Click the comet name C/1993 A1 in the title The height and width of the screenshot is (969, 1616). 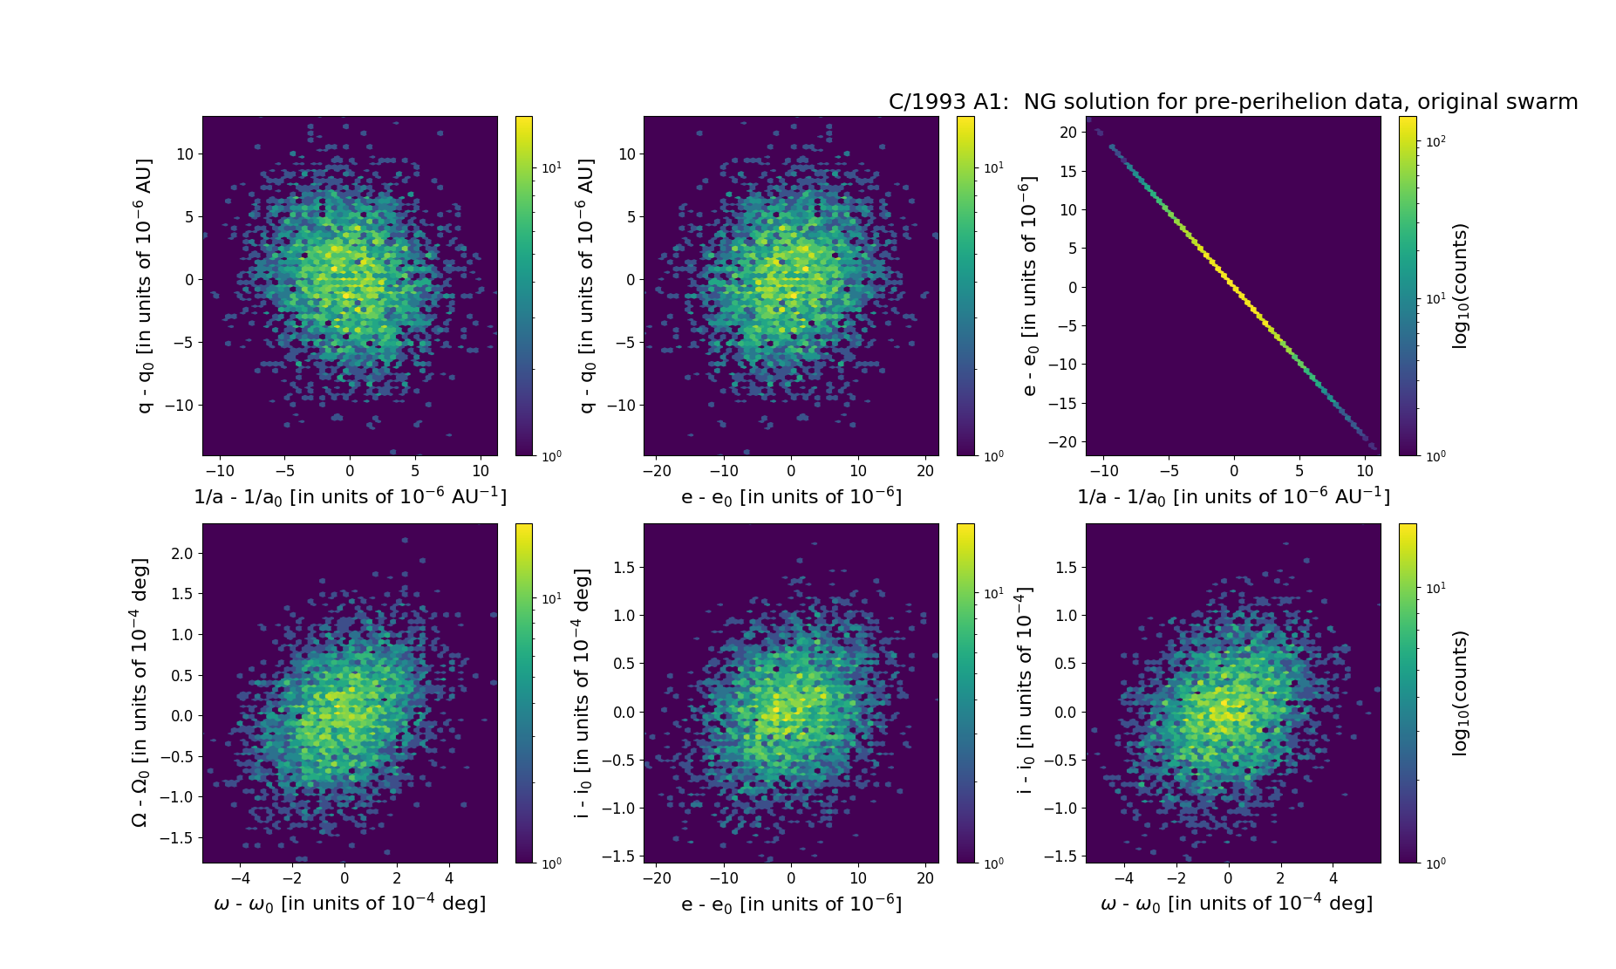pyautogui.click(x=948, y=102)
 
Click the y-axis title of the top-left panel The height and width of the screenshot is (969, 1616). pyautogui.click(x=145, y=285)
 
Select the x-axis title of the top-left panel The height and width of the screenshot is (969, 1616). pyautogui.click(x=350, y=496)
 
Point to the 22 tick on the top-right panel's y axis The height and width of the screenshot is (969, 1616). pyautogui.click(x=1069, y=133)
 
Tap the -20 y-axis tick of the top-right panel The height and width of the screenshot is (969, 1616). pyautogui.click(x=1066, y=442)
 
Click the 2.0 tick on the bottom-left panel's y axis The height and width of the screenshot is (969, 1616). pyautogui.click(x=182, y=554)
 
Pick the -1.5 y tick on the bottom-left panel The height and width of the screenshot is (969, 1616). pyautogui.click(x=178, y=837)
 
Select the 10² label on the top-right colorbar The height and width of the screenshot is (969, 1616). pyautogui.click(x=1433, y=140)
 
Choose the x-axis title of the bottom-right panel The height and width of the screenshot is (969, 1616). pyautogui.click(x=1237, y=904)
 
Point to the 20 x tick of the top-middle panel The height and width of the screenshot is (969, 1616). pyautogui.click(x=925, y=471)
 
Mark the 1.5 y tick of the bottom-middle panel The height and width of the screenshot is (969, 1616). pyautogui.click(x=624, y=568)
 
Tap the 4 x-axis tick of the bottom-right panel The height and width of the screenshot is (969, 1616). pyautogui.click(x=1333, y=878)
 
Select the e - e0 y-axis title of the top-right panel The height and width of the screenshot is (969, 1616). pyautogui.click(x=1029, y=285)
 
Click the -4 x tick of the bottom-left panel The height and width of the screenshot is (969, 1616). pyautogui.click(x=241, y=878)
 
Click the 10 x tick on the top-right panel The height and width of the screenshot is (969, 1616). pyautogui.click(x=1365, y=471)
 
